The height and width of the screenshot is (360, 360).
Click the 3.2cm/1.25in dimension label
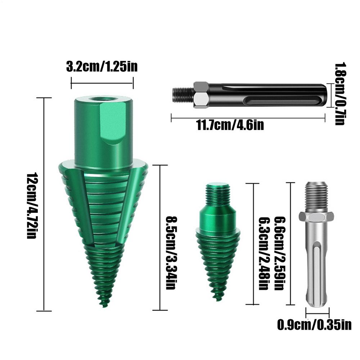[x=102, y=67]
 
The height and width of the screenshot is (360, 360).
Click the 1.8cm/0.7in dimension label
[x=340, y=94]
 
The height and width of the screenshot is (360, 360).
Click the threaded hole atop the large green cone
[x=104, y=98]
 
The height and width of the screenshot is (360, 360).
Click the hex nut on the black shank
[x=201, y=95]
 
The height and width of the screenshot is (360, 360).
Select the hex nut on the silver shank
[x=316, y=216]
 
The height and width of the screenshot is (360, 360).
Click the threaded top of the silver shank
[x=316, y=196]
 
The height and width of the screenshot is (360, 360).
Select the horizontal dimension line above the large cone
[x=102, y=84]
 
